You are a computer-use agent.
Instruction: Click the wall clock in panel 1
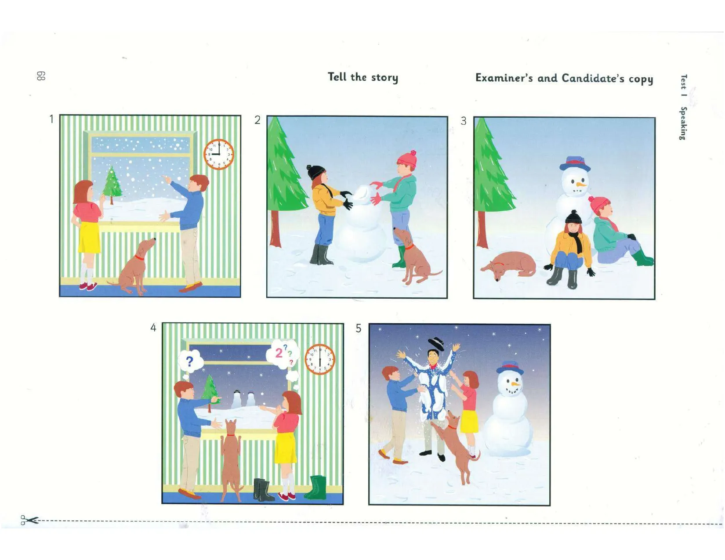(x=218, y=154)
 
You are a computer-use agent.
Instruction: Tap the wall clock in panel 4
(x=320, y=359)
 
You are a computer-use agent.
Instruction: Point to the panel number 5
(x=359, y=329)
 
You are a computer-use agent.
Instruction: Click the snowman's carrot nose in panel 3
(x=581, y=184)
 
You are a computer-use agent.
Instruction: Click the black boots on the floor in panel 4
(x=264, y=490)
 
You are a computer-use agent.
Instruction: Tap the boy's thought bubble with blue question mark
(x=189, y=362)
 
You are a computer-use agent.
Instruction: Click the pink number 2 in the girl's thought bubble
(x=279, y=353)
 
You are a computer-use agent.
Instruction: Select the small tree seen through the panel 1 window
(x=112, y=185)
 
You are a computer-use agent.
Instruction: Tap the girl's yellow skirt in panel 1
(x=89, y=237)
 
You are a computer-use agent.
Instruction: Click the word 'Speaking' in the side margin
(x=683, y=123)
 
